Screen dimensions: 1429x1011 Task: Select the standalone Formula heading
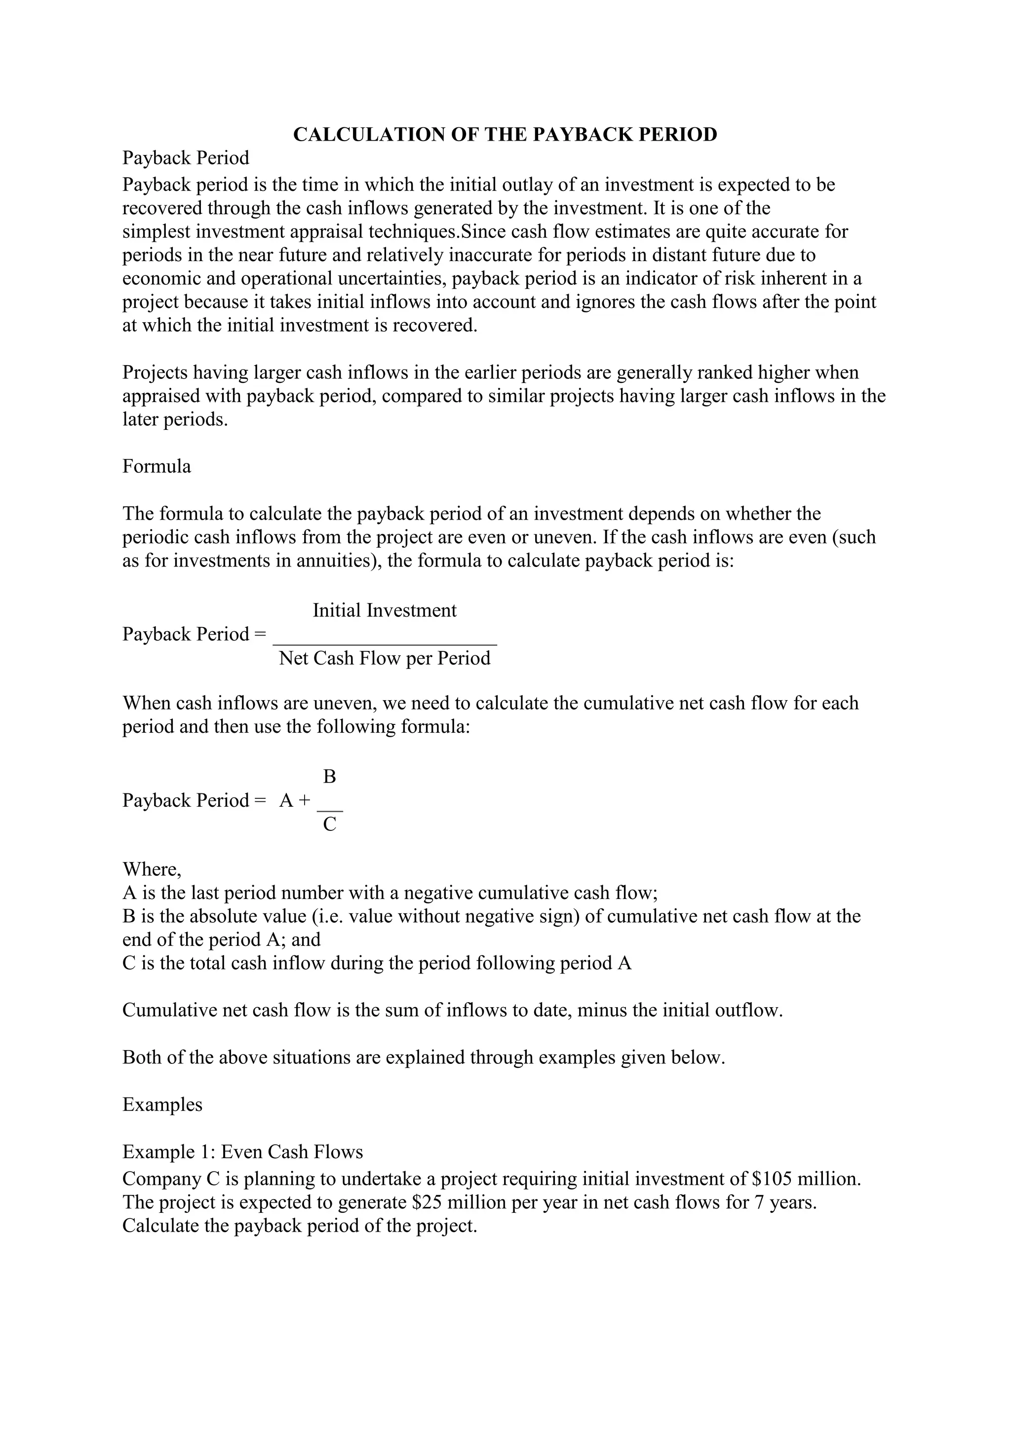[156, 466]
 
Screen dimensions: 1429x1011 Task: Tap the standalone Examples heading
[162, 1104]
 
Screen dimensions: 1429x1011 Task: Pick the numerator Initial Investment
[384, 610]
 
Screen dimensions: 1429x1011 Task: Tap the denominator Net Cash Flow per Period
[384, 658]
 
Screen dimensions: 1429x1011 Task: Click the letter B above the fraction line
[330, 776]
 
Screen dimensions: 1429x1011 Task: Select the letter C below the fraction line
[330, 824]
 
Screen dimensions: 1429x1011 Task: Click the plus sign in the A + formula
[304, 800]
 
